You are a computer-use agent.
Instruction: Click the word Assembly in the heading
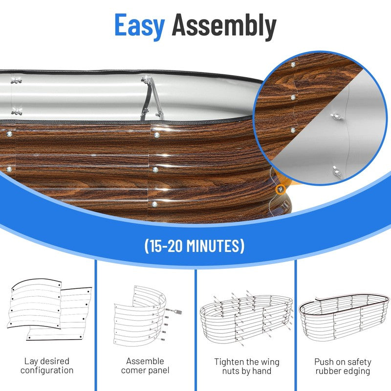224,26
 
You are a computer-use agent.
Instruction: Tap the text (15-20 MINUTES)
195,246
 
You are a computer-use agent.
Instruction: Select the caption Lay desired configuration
47,366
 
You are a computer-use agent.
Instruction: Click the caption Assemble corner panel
145,366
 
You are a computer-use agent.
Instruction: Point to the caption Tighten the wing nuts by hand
247,366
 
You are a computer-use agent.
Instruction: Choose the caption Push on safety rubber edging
343,366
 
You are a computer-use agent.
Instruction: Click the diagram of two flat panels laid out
50,309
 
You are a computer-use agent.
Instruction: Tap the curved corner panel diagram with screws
147,316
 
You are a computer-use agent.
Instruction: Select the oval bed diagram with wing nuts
246,317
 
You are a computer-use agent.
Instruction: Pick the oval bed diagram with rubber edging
344,317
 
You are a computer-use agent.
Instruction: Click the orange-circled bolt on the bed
280,189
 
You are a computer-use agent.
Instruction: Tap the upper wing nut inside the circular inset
337,116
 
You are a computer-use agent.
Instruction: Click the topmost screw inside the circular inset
293,65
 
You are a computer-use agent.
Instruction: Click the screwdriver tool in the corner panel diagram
174,311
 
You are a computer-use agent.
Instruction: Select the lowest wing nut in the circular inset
337,172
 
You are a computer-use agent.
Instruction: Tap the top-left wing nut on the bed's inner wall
16,81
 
